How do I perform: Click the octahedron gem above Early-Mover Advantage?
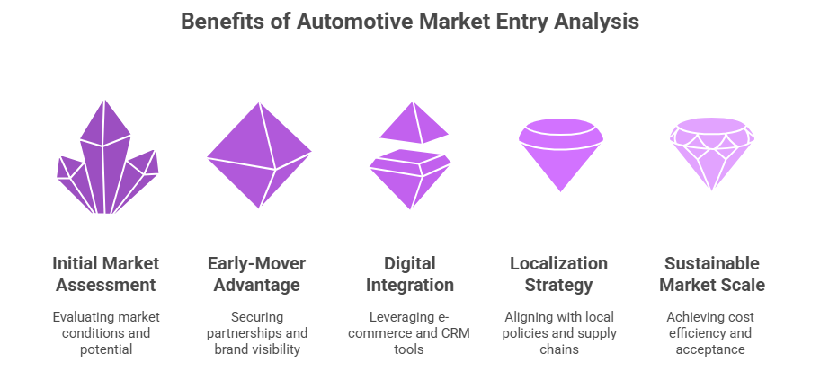[x=259, y=155]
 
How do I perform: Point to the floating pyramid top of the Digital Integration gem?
[x=414, y=124]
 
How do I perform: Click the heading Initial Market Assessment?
[x=106, y=274]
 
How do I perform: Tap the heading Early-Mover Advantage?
[x=259, y=274]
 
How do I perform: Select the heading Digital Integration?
[x=411, y=274]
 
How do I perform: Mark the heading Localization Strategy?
[x=558, y=274]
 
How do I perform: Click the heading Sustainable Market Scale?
[x=711, y=274]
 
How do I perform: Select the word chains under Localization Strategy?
[x=558, y=349]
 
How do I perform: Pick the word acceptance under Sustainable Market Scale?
[x=711, y=349]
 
